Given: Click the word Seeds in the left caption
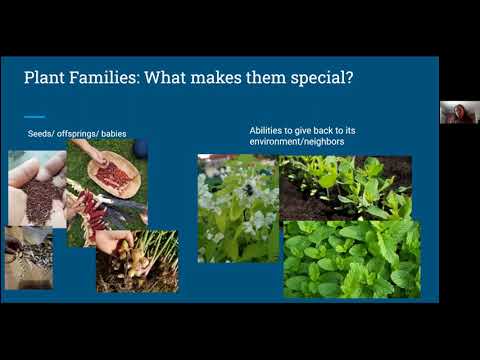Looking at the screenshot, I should [x=38, y=134].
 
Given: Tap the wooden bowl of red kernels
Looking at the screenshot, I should [x=114, y=176].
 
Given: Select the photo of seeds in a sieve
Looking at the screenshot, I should [x=28, y=257].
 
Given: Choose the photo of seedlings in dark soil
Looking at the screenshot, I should [x=344, y=187].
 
